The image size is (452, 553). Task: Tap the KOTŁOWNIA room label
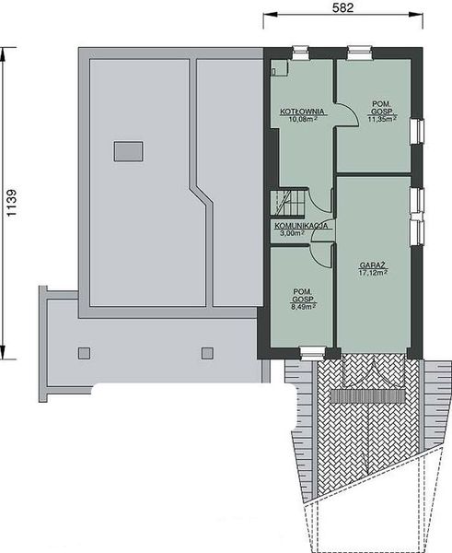298,111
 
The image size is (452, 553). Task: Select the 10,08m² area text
298,119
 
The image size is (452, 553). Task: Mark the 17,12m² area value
372,273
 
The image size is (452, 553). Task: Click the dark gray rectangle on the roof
128,151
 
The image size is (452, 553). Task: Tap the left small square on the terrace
85,352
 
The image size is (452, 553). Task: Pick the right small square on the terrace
207,352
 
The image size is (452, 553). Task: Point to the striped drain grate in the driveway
368,394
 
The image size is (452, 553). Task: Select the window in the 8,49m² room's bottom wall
312,351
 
